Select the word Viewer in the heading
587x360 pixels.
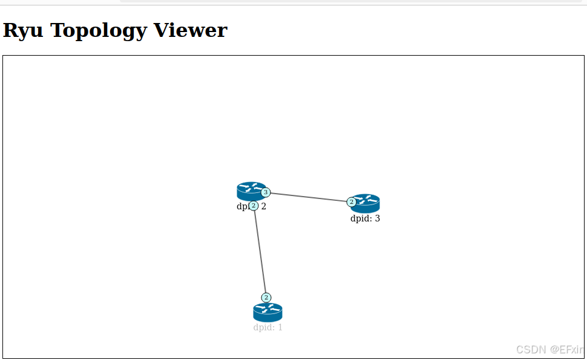[190, 30]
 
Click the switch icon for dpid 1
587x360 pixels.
[267, 312]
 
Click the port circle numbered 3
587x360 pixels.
[266, 192]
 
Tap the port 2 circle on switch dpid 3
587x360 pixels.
[352, 201]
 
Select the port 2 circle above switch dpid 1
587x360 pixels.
[266, 297]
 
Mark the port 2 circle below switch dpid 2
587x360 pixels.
[254, 206]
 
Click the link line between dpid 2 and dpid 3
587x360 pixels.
[309, 197]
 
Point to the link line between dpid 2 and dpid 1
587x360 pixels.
[260, 251]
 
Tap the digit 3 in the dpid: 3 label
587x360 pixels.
[377, 218]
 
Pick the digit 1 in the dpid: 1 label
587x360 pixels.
[280, 327]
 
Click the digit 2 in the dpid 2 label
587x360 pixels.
[264, 206]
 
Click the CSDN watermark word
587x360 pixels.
[531, 350]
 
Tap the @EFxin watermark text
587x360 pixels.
[566, 350]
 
